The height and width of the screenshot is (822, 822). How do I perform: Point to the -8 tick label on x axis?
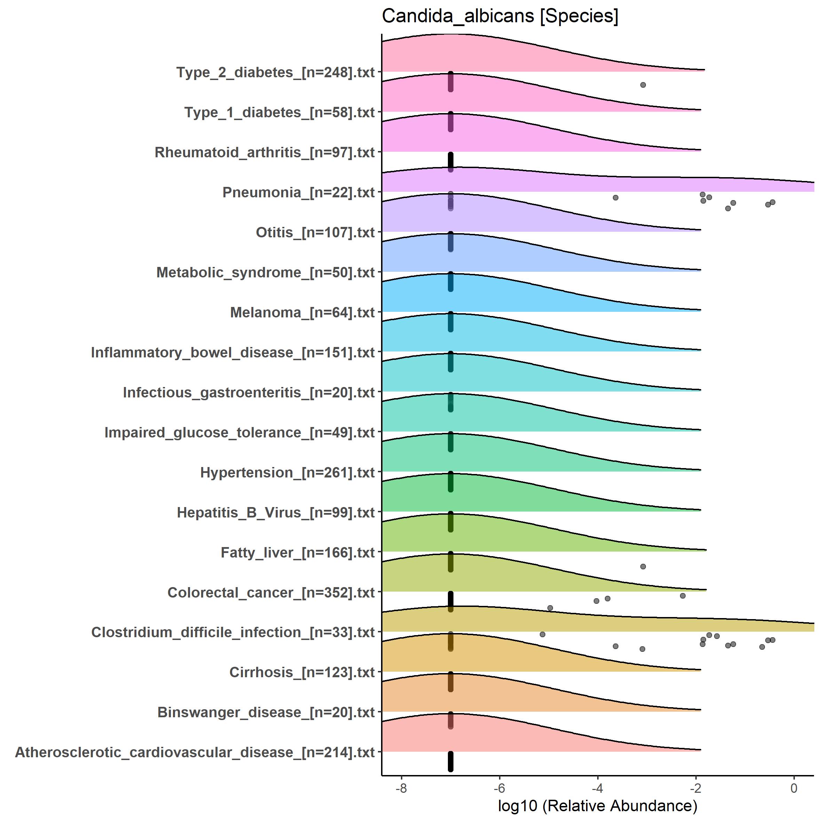401,788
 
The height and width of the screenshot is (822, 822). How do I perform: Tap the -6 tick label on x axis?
499,788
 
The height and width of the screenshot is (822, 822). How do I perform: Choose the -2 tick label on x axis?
695,788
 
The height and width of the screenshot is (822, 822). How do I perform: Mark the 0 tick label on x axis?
794,788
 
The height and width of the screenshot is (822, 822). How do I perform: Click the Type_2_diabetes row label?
275,73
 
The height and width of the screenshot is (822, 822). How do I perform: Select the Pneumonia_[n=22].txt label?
298,193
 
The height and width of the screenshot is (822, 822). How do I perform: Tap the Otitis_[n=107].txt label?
315,233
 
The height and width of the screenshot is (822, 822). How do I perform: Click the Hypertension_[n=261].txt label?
287,473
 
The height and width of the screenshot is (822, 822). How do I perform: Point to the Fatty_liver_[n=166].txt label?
298,553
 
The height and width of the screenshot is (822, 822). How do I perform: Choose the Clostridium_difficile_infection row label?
233,633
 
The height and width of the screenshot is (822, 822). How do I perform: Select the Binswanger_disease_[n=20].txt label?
266,713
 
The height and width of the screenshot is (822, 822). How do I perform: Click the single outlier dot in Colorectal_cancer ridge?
643,567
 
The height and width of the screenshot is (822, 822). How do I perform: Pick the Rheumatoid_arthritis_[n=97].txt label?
264,153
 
